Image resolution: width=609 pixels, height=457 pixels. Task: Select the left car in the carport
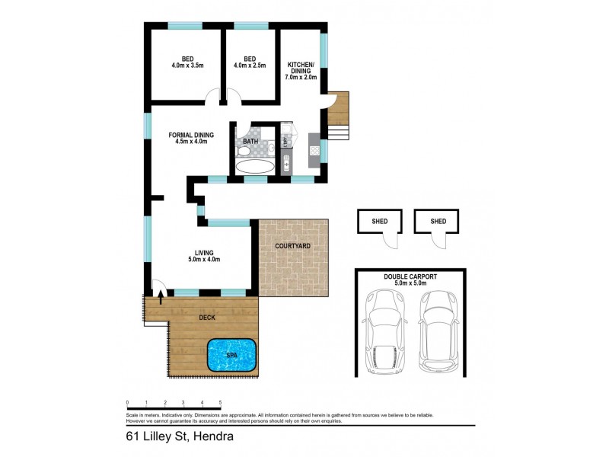388,333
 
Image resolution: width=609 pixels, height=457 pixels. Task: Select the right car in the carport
436,333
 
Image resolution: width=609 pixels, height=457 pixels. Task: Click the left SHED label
381,222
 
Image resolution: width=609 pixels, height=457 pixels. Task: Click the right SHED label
438,222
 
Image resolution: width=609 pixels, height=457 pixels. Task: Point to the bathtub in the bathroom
255,167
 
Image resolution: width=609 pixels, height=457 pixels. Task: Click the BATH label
250,142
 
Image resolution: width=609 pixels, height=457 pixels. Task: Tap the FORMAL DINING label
190,136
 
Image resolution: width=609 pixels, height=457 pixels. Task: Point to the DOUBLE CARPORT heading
410,277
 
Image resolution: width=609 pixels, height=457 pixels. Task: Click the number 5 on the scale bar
220,401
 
